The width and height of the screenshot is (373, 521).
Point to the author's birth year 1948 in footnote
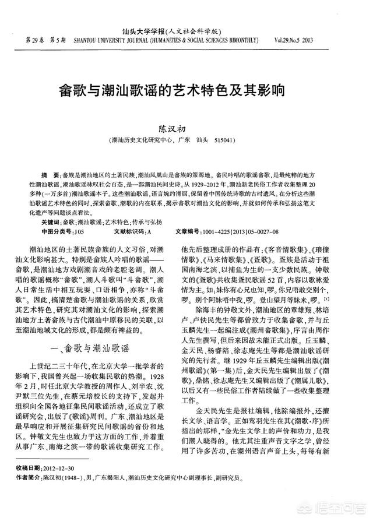pyautogui.click(x=70, y=477)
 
